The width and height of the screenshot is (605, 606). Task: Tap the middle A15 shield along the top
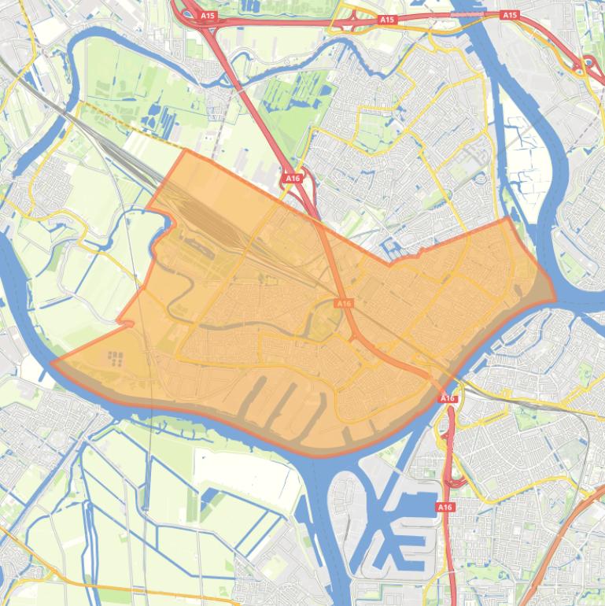pos(386,19)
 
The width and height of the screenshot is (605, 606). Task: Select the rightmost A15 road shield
pos(510,15)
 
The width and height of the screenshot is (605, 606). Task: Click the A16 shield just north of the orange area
pos(293,178)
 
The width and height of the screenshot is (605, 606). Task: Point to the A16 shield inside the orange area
pos(344,303)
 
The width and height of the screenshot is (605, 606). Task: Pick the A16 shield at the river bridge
pos(448,398)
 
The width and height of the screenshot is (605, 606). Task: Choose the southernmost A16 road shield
pos(445,507)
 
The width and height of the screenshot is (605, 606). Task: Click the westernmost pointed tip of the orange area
pos(53,364)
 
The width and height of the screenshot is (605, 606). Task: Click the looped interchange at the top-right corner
pos(586,65)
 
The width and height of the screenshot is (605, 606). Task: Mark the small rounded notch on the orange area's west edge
pos(127,323)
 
